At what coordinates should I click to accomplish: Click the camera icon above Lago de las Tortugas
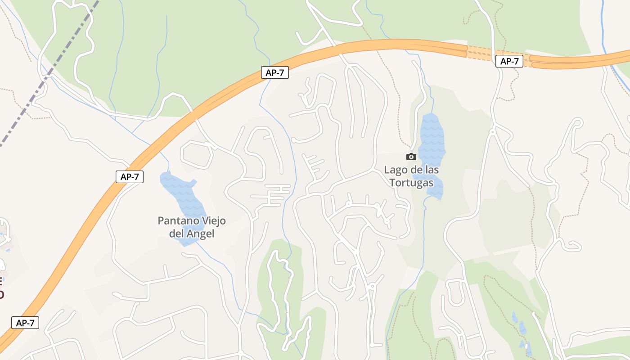pyautogui.click(x=411, y=157)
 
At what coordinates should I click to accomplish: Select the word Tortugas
pyautogui.click(x=411, y=183)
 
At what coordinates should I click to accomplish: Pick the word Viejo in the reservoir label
pyautogui.click(x=211, y=221)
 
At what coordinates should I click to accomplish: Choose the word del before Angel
pyautogui.click(x=177, y=234)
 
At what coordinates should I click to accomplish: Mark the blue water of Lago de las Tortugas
pyautogui.click(x=432, y=135)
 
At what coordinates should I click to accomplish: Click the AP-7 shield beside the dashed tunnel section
pyautogui.click(x=509, y=61)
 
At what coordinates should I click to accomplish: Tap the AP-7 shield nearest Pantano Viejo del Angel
pyautogui.click(x=130, y=177)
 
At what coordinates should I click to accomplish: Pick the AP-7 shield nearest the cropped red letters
pyautogui.click(x=25, y=323)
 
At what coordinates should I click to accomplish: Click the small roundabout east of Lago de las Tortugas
pyautogui.click(x=493, y=132)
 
